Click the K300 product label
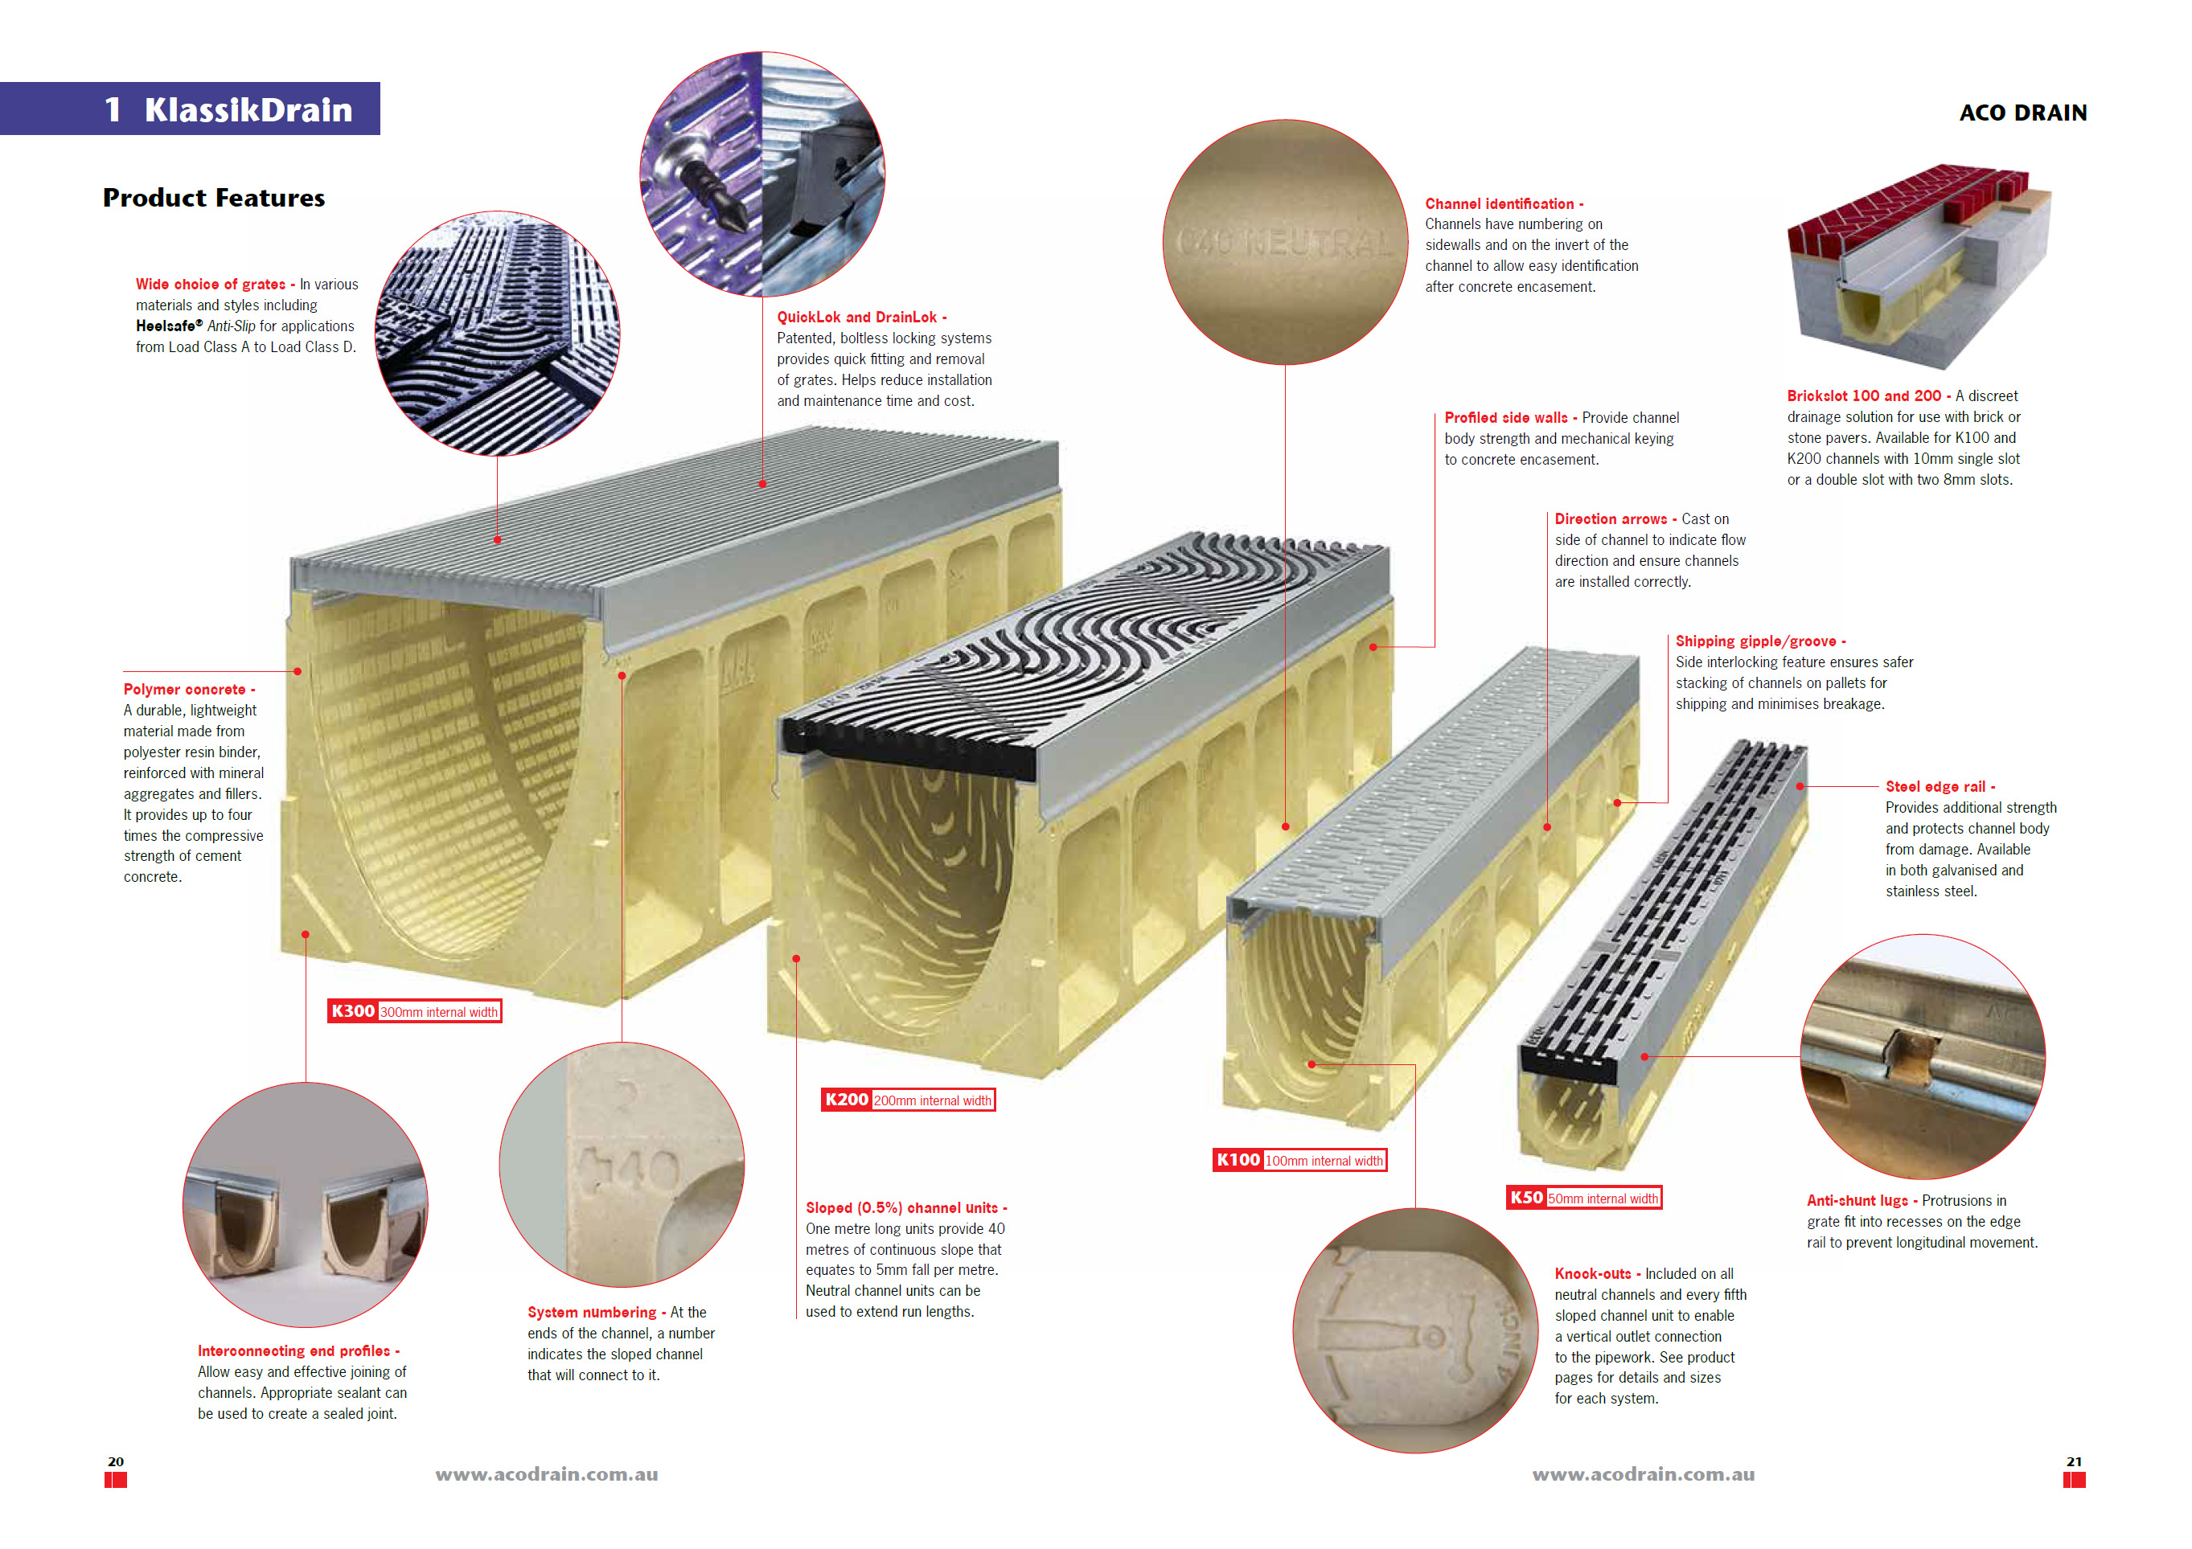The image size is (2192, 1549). [414, 1012]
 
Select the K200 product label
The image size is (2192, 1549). [908, 1100]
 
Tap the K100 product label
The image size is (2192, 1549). [1299, 1161]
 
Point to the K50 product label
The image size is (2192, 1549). [1584, 1198]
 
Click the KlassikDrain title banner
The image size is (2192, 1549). [190, 109]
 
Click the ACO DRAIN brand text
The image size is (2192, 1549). [2023, 113]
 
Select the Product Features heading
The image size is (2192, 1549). [214, 198]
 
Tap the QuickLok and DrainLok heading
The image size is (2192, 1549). [862, 317]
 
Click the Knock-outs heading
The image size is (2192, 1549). [1597, 1273]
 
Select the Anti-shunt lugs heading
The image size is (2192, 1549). [1862, 1201]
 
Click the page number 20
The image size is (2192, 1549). [116, 1461]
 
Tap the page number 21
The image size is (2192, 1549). [2075, 1461]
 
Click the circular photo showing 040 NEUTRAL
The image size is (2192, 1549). [1285, 243]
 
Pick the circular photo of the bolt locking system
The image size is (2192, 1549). [761, 174]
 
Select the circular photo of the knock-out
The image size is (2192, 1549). [1415, 1331]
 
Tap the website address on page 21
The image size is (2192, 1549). [1643, 1474]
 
